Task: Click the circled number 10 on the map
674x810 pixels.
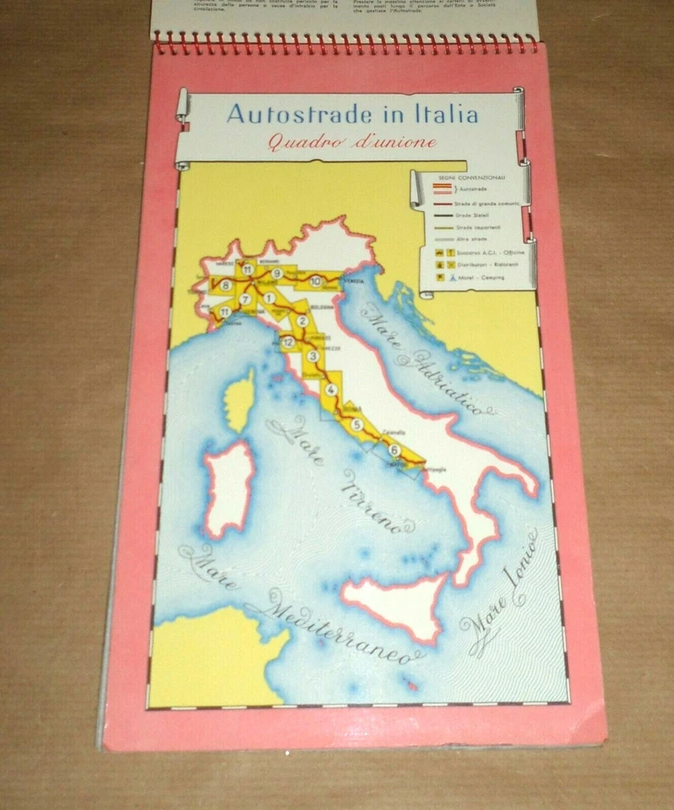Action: click(x=315, y=282)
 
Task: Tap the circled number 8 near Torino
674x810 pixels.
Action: click(x=226, y=286)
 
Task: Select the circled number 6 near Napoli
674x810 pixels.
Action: click(x=394, y=450)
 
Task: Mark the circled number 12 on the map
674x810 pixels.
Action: click(x=288, y=342)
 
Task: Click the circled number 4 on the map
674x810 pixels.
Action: click(x=331, y=390)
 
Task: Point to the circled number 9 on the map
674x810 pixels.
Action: click(x=276, y=273)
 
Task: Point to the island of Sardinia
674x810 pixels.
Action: click(x=228, y=488)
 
